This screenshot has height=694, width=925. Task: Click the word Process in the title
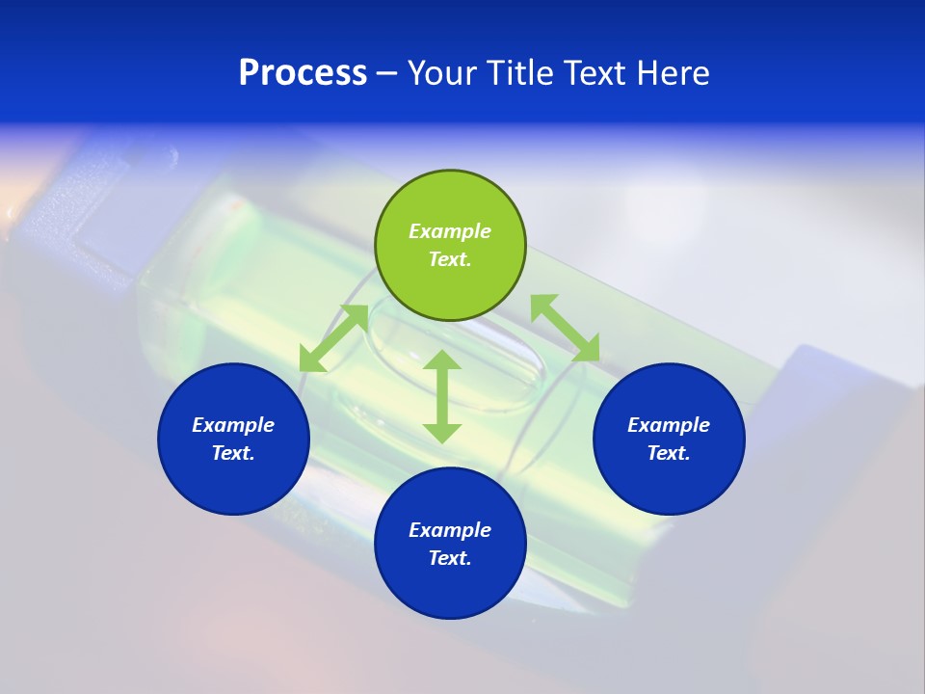click(x=303, y=73)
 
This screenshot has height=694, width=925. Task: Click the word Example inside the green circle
click(x=450, y=231)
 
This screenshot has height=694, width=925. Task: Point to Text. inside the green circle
click(x=450, y=259)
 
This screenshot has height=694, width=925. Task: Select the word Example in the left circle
click(x=233, y=425)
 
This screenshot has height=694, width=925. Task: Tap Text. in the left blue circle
click(x=233, y=453)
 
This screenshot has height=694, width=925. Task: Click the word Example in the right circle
click(x=669, y=425)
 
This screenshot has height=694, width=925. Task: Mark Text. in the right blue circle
click(x=669, y=453)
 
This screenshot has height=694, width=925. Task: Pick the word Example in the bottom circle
click(x=450, y=530)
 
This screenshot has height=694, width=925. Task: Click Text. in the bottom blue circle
click(x=450, y=558)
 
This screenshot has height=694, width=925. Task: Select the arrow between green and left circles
click(x=333, y=338)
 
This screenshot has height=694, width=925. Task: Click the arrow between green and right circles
click(x=565, y=329)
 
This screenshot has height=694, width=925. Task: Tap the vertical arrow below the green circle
click(x=442, y=396)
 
